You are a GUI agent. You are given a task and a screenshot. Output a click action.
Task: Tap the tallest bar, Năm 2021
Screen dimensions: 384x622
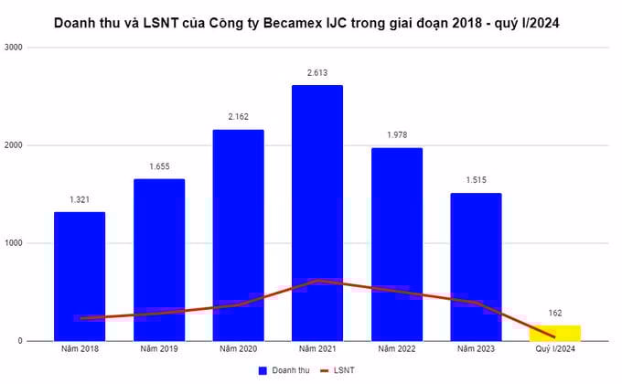point(317,183)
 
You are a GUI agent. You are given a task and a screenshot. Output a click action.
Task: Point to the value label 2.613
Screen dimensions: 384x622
point(317,72)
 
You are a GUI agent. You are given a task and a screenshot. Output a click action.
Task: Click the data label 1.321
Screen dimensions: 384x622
point(80,199)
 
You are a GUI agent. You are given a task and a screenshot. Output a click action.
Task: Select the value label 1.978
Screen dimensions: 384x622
point(397,135)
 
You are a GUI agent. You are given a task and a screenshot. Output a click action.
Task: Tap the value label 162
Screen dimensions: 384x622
point(555,313)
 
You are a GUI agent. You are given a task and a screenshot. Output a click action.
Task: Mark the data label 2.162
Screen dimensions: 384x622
point(238,117)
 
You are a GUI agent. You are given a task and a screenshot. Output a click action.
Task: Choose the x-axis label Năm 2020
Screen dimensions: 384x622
point(238,348)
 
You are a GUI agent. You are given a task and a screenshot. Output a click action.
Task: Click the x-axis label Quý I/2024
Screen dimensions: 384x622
point(555,348)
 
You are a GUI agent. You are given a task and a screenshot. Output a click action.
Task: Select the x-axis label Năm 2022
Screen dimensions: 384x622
point(397,348)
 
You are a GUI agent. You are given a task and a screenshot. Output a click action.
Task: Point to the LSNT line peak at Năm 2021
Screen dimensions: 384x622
point(317,281)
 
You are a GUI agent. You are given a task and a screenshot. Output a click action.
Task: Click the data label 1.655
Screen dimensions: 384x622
point(159,166)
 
